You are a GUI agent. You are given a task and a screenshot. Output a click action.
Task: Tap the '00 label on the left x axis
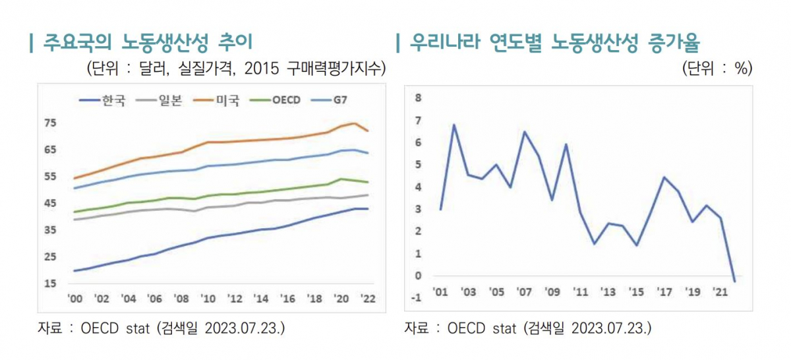coord(74,299)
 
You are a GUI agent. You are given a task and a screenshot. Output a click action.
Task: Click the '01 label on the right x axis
coord(440,291)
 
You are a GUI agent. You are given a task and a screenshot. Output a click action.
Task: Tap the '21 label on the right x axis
coord(720,291)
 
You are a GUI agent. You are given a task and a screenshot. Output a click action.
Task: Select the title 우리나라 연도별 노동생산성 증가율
coord(554,44)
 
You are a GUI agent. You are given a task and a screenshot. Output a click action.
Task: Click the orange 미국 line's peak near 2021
coord(355,123)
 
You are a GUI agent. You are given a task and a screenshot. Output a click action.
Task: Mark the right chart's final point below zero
coord(734,281)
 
